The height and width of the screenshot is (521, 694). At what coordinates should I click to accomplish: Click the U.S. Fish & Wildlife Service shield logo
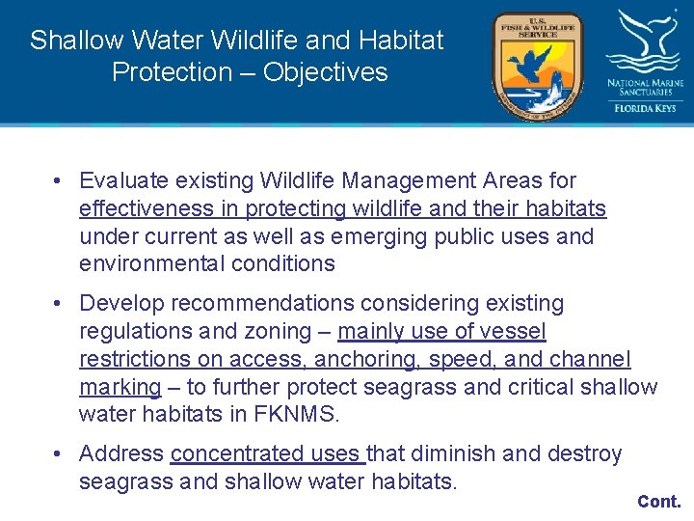(x=537, y=65)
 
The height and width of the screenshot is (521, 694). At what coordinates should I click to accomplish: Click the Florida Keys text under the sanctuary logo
(x=645, y=108)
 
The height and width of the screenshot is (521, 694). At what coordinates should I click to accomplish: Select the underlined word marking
(x=120, y=387)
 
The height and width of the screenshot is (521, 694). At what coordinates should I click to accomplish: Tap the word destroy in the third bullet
(x=587, y=453)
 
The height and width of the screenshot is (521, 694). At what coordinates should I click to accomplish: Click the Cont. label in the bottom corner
(x=658, y=502)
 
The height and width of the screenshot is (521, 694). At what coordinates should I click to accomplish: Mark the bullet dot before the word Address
(x=60, y=453)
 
